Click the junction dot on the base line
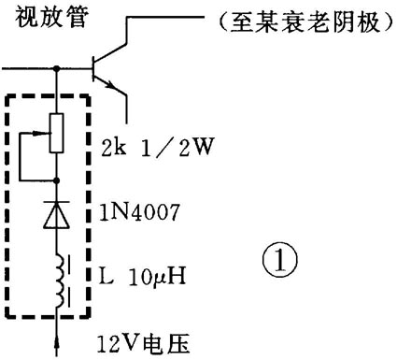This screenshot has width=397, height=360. click(59, 67)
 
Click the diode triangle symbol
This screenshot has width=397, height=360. click(59, 216)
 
